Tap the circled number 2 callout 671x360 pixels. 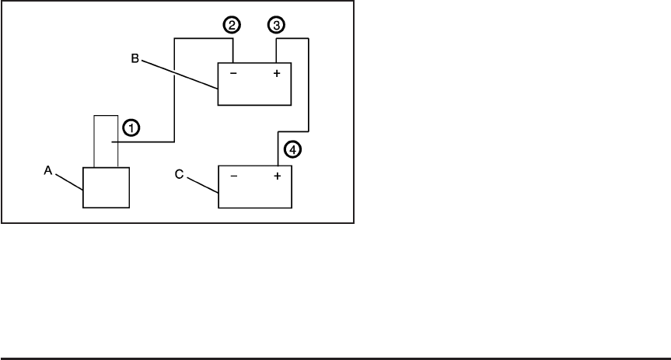pyautogui.click(x=230, y=25)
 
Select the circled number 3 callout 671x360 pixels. pyautogui.click(x=275, y=25)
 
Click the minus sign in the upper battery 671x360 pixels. pyautogui.click(x=233, y=76)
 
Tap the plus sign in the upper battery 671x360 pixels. pyautogui.click(x=277, y=76)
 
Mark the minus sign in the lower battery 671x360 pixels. pyautogui.click(x=234, y=177)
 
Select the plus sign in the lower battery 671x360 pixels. pyautogui.click(x=276, y=177)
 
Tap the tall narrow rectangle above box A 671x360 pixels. pyautogui.click(x=105, y=140)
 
